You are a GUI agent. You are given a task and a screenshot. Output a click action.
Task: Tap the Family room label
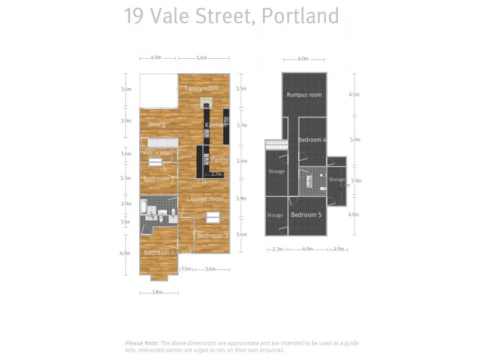pos(202,89)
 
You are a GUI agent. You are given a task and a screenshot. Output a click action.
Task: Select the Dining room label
pos(157,125)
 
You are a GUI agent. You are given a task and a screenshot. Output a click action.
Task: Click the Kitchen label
pos(215,125)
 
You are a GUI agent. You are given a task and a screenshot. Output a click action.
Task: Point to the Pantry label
pos(220,160)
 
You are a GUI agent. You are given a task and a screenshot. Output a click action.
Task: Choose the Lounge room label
pos(205,199)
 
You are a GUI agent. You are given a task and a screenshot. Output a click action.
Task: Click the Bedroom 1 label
pos(159,253)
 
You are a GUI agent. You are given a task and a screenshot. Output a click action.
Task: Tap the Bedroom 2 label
pos(212,236)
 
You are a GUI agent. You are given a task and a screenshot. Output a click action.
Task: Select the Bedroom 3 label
pos(158,179)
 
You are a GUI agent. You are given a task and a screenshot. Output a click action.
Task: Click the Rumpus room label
pos(304,95)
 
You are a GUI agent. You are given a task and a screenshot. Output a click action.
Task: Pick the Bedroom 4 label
pos(312,140)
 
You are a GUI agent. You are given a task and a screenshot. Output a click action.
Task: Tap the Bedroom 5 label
pos(306,215)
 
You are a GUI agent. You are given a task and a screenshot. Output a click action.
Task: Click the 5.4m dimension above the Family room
pos(201,58)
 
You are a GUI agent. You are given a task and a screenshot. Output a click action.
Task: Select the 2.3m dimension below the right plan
pos(277,249)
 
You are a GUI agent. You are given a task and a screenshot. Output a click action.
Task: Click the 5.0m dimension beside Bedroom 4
pos(355,139)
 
